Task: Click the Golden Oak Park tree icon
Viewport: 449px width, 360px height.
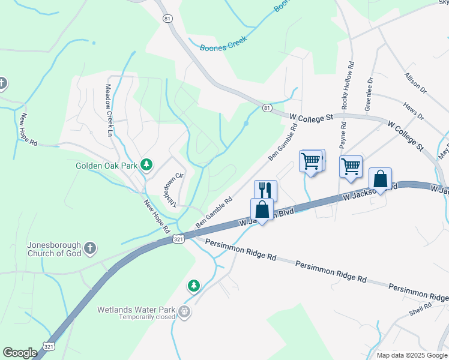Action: pos(146,164)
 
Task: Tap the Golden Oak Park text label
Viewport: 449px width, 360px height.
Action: pos(106,165)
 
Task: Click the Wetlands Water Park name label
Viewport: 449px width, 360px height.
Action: pos(136,310)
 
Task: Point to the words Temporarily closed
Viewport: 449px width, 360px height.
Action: pos(146,317)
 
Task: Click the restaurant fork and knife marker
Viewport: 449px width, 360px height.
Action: pos(265,190)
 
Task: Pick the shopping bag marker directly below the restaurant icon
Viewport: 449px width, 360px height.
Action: pos(262,209)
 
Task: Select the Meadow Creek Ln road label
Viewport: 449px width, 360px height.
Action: pos(109,102)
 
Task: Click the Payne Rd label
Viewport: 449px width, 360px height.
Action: pos(343,136)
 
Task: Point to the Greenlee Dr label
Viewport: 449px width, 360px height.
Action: pos(369,93)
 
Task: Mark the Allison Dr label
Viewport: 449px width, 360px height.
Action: pos(415,83)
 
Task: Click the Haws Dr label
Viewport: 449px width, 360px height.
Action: pos(414,110)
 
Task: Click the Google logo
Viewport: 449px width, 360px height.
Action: pos(20,353)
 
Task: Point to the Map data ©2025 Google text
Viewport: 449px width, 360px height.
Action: pos(411,355)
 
